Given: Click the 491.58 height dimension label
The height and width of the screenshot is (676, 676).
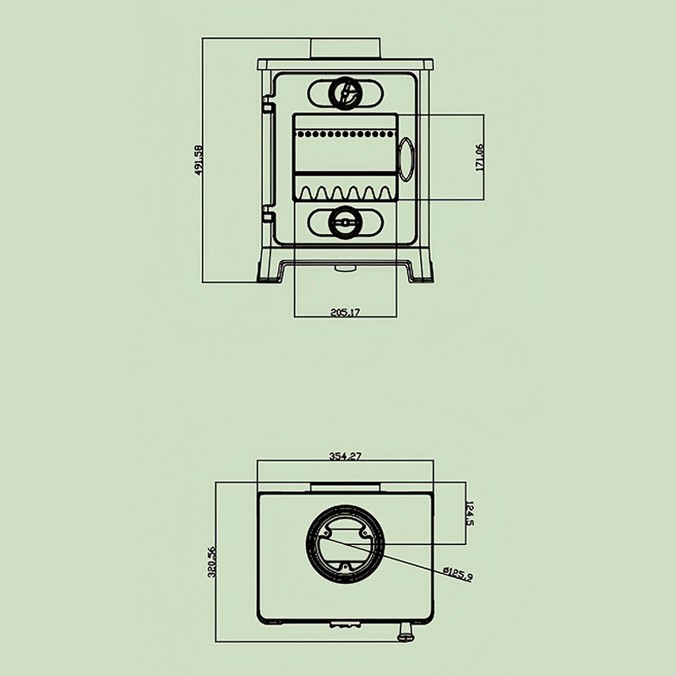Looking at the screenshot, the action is point(198,161).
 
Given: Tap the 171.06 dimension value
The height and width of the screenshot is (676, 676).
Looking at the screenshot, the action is point(479,157).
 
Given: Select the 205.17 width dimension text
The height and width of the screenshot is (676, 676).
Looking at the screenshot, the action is point(345,312).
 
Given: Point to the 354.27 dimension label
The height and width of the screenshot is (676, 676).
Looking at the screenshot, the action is point(345,455).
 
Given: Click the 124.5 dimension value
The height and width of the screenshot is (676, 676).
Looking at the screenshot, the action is point(470,513).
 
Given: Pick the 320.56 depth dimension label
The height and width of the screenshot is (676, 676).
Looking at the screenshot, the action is point(211,561).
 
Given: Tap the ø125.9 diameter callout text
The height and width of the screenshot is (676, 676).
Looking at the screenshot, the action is point(458,574).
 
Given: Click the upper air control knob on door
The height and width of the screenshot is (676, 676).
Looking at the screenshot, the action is point(345,93).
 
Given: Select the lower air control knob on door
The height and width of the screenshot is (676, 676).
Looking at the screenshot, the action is point(345,222).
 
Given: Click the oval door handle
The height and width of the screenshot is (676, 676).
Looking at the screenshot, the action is point(406,159).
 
